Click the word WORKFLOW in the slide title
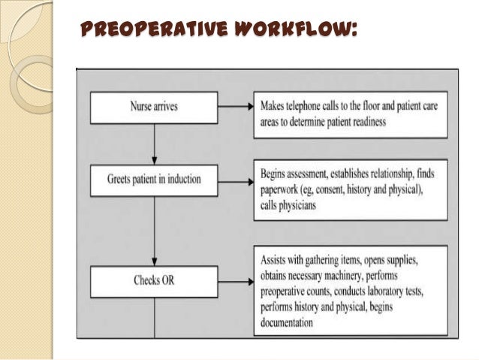click(x=290, y=31)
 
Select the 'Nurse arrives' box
click(x=154, y=108)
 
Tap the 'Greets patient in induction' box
click(x=154, y=180)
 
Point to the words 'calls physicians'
click(x=292, y=204)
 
